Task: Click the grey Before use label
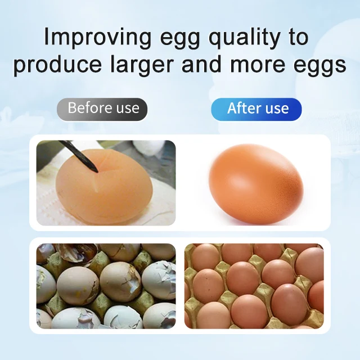pyautogui.click(x=102, y=108)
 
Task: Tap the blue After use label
pyautogui.click(x=257, y=108)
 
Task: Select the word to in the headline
pyautogui.click(x=294, y=38)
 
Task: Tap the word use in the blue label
pyautogui.click(x=276, y=109)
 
